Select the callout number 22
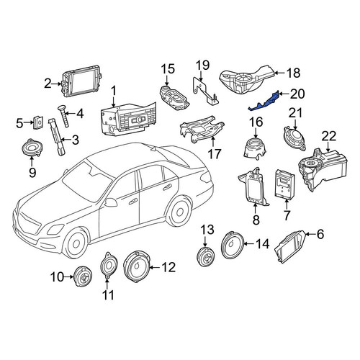pos(329,137)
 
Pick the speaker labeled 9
pos(32,148)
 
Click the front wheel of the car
pos(76,243)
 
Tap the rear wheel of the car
pos(179,211)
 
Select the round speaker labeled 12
pos(136,267)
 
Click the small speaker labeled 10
pos(83,276)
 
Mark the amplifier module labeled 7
pos(285,184)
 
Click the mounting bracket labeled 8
pos(254,187)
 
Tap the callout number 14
pos(262,243)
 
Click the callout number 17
pos(215,153)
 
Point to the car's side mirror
pos(110,202)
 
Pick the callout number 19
pos(203,65)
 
